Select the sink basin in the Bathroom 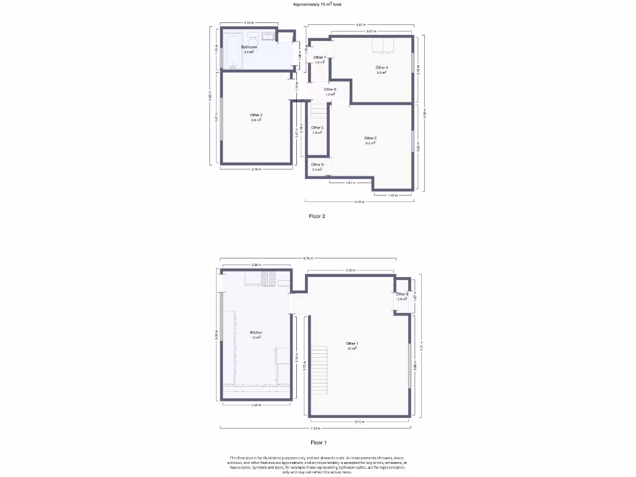coord(268,36)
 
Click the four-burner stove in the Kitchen coord(269,279)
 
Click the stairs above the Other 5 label coord(319,114)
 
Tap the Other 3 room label coord(256,115)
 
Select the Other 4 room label coord(381,67)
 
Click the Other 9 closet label coord(317,165)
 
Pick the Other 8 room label coord(402,294)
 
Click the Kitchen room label coord(256,332)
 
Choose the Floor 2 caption coord(317,216)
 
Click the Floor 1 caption coord(317,443)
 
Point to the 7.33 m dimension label coord(315,429)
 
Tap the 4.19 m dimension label coord(358,202)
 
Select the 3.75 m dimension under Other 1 coord(358,422)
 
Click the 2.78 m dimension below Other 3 coord(256,169)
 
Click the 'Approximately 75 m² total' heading coord(317,4)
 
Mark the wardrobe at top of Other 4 coord(381,45)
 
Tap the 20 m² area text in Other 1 coord(352,348)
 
